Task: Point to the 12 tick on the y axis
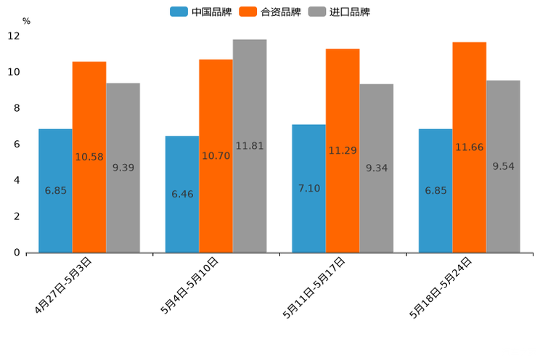coord(14,36)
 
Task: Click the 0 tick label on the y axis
coord(17,253)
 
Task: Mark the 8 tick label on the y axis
coord(17,108)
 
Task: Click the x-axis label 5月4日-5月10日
coord(190,285)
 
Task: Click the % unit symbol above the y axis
coord(26,21)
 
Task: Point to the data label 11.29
coord(343,151)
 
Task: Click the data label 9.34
coord(377,168)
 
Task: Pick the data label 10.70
coord(216,156)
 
